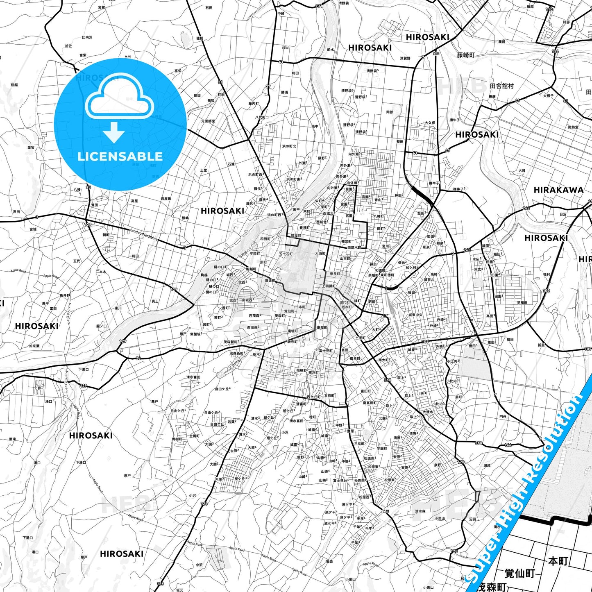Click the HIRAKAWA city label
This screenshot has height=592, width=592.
558,190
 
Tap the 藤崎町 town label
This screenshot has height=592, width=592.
466,55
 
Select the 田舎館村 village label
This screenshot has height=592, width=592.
501,86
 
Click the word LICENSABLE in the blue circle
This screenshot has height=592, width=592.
120,157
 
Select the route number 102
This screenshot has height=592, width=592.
546,291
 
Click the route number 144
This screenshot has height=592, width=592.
508,445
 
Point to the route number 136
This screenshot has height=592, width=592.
555,52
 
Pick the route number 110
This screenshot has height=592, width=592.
549,9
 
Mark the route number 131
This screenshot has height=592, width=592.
319,6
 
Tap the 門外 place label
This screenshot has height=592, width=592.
503,417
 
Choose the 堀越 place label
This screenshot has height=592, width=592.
487,465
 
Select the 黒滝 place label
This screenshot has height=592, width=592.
12,439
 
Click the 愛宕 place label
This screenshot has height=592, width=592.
31,147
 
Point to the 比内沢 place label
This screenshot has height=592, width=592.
87,37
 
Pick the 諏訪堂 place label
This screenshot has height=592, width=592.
573,127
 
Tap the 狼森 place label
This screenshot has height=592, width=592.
329,561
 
